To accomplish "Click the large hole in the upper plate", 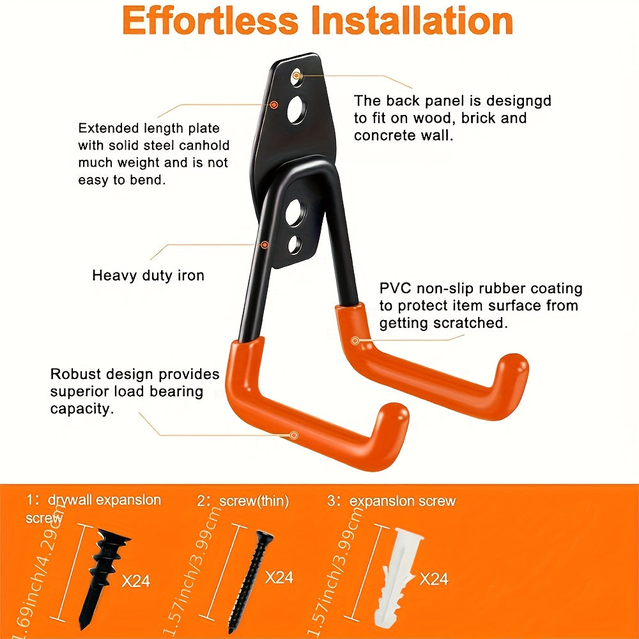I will pyautogui.click(x=296, y=111).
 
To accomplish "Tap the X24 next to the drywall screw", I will pyautogui.click(x=135, y=581).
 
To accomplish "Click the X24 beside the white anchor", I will pyautogui.click(x=434, y=579).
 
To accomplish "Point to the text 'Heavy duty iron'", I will pyautogui.click(x=148, y=275).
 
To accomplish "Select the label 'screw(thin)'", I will pyautogui.click(x=254, y=502).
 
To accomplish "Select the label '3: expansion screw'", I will pyautogui.click(x=391, y=501).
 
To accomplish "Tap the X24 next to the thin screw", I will pyautogui.click(x=279, y=577).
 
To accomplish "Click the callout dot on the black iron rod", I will pyautogui.click(x=264, y=244).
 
